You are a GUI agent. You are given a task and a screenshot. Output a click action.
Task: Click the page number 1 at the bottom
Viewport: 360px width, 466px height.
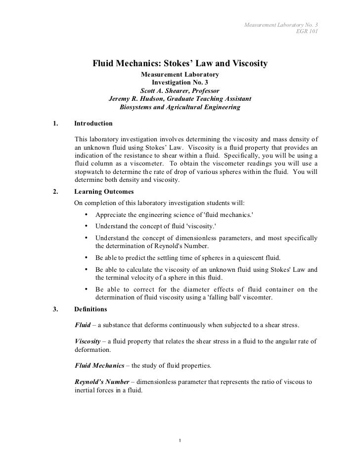pyautogui.click(x=181, y=441)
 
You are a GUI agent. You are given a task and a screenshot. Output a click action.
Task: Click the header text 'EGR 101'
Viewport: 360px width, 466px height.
pyautogui.click(x=307, y=32)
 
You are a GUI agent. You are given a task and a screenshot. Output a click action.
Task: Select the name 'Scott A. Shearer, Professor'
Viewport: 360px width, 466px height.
pyautogui.click(x=180, y=90)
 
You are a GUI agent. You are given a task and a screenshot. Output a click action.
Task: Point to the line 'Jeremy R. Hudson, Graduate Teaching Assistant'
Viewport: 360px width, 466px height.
pyautogui.click(x=180, y=98)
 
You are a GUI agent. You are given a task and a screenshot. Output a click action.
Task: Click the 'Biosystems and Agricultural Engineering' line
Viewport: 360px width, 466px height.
pyautogui.click(x=180, y=107)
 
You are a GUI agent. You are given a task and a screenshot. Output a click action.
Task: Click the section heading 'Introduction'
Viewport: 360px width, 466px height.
pyautogui.click(x=93, y=123)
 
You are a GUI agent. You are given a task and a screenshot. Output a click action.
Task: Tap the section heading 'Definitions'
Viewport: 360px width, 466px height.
pyautogui.click(x=90, y=309)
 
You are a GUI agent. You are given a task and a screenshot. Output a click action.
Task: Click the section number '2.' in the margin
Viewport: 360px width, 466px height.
pyautogui.click(x=54, y=192)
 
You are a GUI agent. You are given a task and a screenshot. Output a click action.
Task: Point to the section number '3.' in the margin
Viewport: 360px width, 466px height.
pyautogui.click(x=54, y=309)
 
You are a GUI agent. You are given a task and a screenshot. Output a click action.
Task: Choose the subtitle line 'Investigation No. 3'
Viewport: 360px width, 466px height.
pyautogui.click(x=180, y=82)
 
